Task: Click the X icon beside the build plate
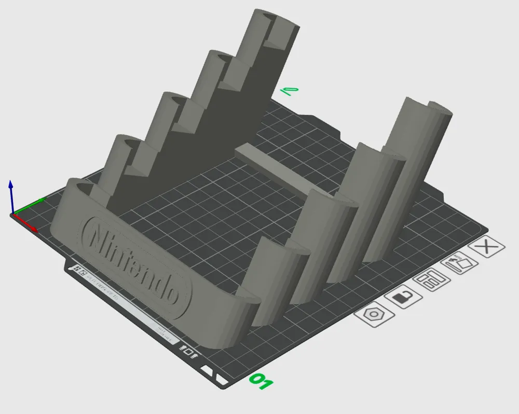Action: point(486,248)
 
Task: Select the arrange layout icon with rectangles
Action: point(431,281)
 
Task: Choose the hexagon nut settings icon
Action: point(373,315)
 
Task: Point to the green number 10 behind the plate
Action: point(289,92)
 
